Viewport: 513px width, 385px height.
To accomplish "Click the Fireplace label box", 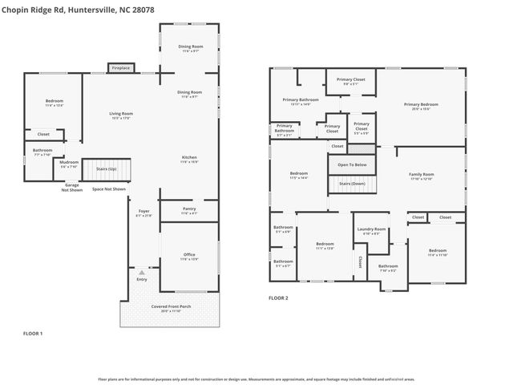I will [x=120, y=68].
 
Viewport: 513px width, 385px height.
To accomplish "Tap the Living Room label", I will [x=120, y=115].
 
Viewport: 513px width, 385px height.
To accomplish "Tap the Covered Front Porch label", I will [x=169, y=308].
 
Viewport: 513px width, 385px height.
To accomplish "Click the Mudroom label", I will [x=69, y=164].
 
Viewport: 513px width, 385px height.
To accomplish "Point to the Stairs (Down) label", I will [x=351, y=184].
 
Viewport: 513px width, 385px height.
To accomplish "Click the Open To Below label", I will [x=351, y=164].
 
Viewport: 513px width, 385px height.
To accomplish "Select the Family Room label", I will [x=421, y=176].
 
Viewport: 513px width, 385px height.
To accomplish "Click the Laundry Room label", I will [x=371, y=231].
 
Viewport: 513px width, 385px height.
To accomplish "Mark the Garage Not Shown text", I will [x=73, y=188].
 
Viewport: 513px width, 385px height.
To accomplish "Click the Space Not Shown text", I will [x=108, y=189].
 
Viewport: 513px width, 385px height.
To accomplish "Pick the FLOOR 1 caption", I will [x=32, y=332].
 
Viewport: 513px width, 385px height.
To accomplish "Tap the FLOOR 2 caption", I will [x=278, y=298].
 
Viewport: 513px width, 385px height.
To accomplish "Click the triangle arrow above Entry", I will [x=142, y=273].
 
